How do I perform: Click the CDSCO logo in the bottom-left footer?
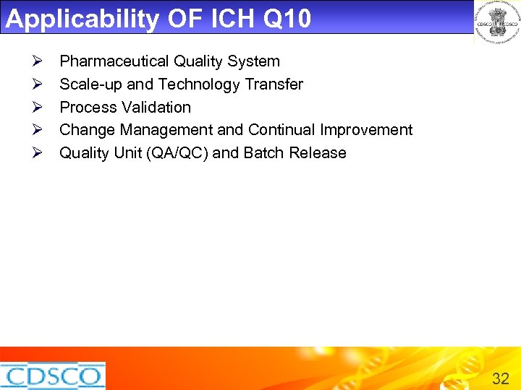pos(52,376)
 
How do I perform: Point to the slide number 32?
pos(500,378)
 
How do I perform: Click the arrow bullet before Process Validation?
pos(41,108)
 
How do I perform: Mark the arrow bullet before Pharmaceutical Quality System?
pos(41,61)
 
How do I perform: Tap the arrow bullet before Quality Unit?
pos(41,153)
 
